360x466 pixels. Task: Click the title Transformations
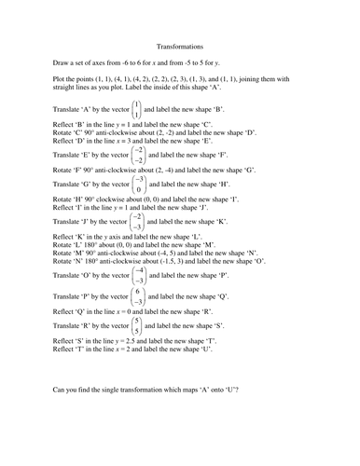click(x=179, y=45)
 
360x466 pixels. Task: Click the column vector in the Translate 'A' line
click(x=137, y=109)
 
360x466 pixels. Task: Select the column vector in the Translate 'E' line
click(x=138, y=155)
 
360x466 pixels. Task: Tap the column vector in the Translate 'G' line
click(x=138, y=185)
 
